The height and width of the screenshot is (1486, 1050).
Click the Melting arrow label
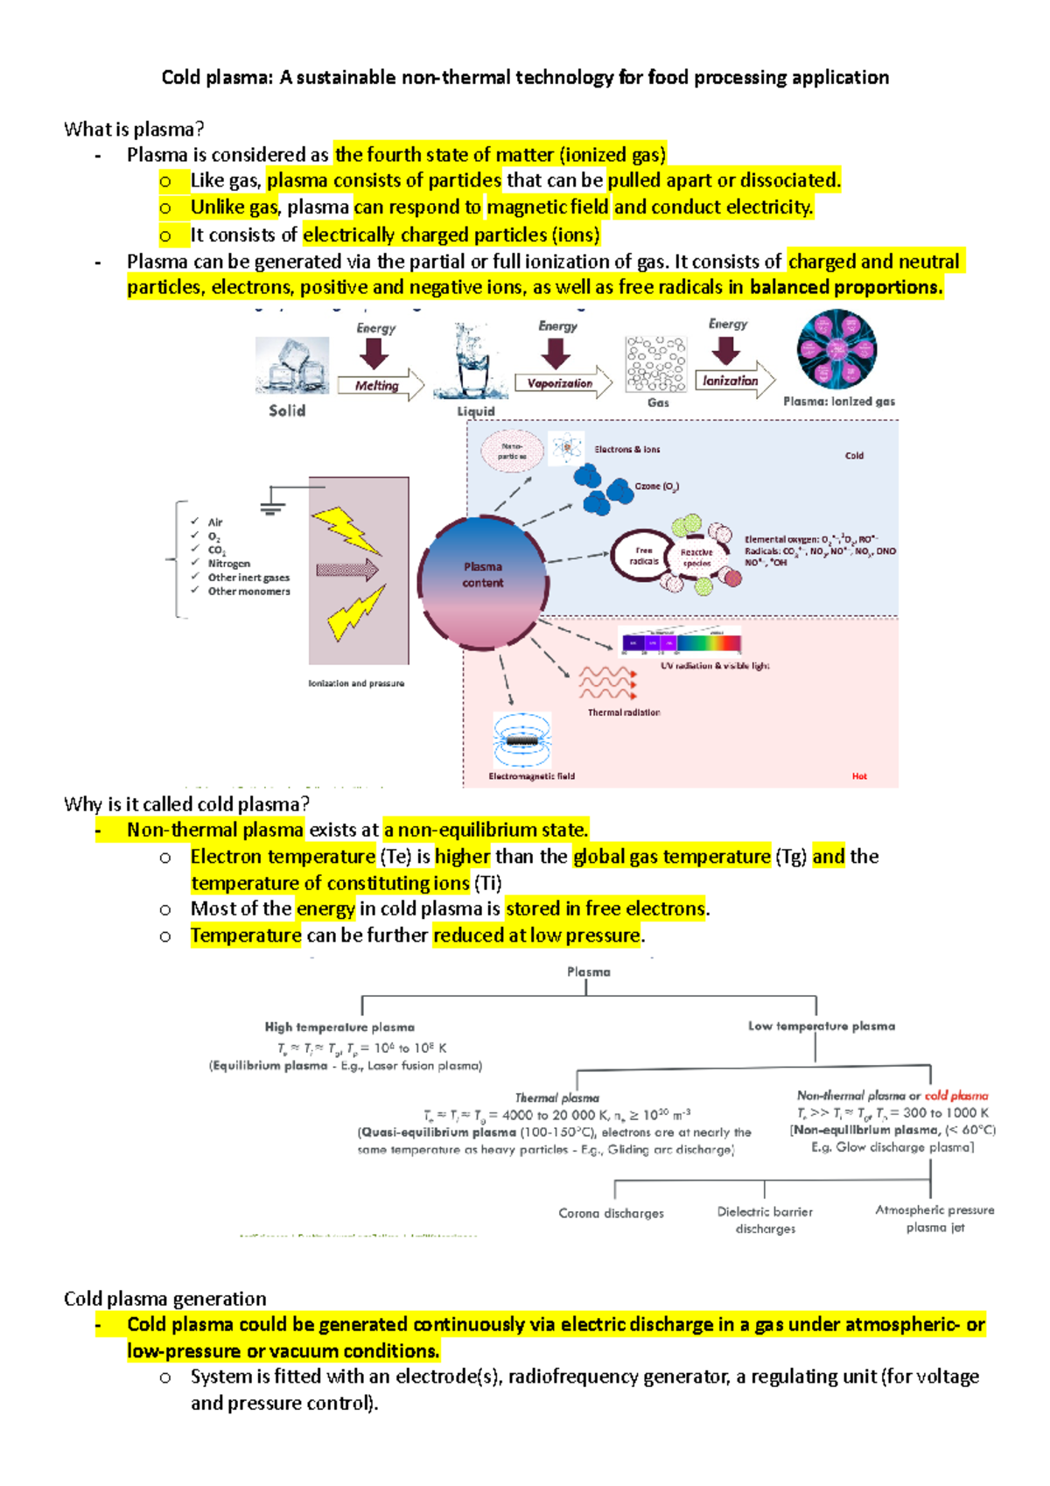[377, 386]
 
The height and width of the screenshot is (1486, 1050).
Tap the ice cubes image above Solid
[291, 365]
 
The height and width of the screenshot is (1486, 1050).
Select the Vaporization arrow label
[560, 383]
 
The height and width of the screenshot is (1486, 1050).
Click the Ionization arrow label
[731, 381]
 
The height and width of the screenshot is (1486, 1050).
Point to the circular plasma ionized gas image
[836, 349]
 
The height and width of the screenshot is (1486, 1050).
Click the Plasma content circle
[483, 575]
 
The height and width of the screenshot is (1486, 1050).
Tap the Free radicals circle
[644, 556]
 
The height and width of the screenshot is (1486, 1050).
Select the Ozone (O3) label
[656, 486]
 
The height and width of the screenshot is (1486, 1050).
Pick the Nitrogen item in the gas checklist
[228, 564]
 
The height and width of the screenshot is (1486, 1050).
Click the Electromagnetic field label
[531, 776]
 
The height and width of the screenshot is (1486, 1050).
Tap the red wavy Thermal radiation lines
[607, 682]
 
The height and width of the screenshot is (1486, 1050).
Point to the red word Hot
[859, 776]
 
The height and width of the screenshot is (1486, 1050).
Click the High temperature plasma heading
[339, 1027]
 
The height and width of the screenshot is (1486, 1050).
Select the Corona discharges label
[611, 1213]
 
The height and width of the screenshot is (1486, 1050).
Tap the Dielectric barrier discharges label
[765, 1220]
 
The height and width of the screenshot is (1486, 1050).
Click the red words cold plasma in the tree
[956, 1096]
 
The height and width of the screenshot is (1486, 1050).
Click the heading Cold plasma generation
[164, 1299]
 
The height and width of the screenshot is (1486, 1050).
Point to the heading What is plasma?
[134, 130]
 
